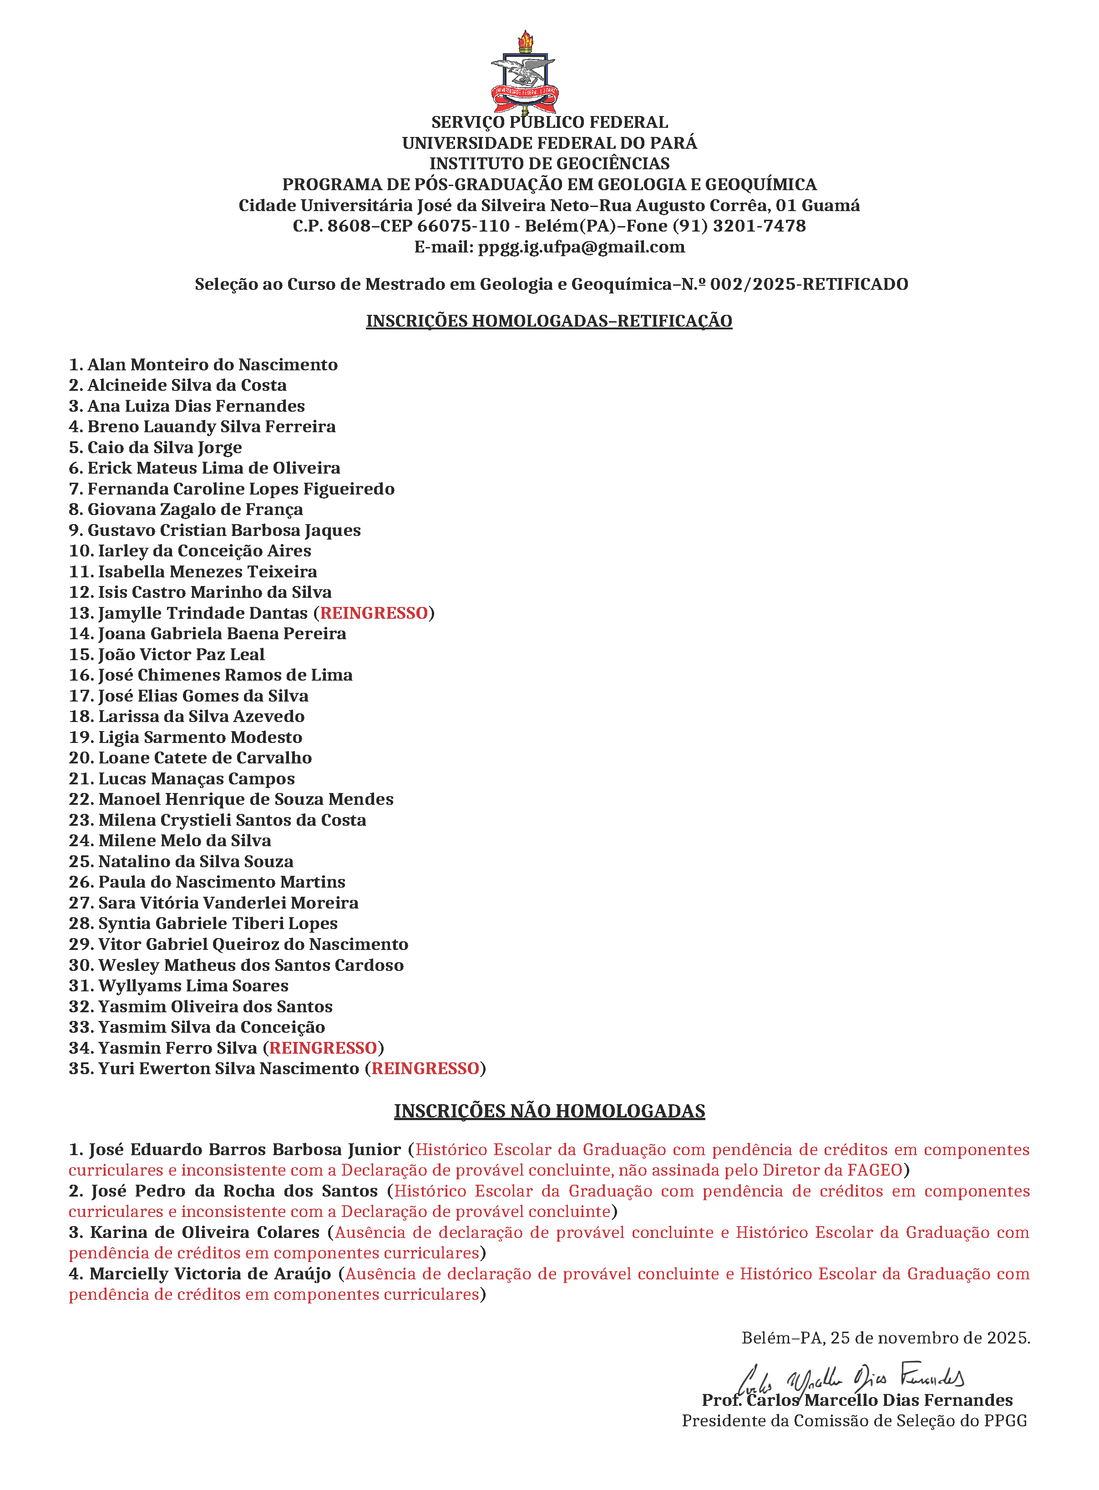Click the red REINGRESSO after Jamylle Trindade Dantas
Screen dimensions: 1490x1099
click(x=374, y=613)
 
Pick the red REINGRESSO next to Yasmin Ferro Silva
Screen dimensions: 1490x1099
click(x=323, y=1048)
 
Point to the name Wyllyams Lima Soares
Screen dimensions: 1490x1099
click(x=193, y=986)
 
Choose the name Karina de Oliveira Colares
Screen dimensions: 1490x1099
click(x=205, y=1232)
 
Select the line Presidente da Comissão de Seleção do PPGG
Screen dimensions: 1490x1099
click(x=854, y=1421)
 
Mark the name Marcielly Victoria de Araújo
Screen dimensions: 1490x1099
click(x=210, y=1274)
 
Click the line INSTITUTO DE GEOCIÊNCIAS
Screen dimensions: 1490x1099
click(x=550, y=164)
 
